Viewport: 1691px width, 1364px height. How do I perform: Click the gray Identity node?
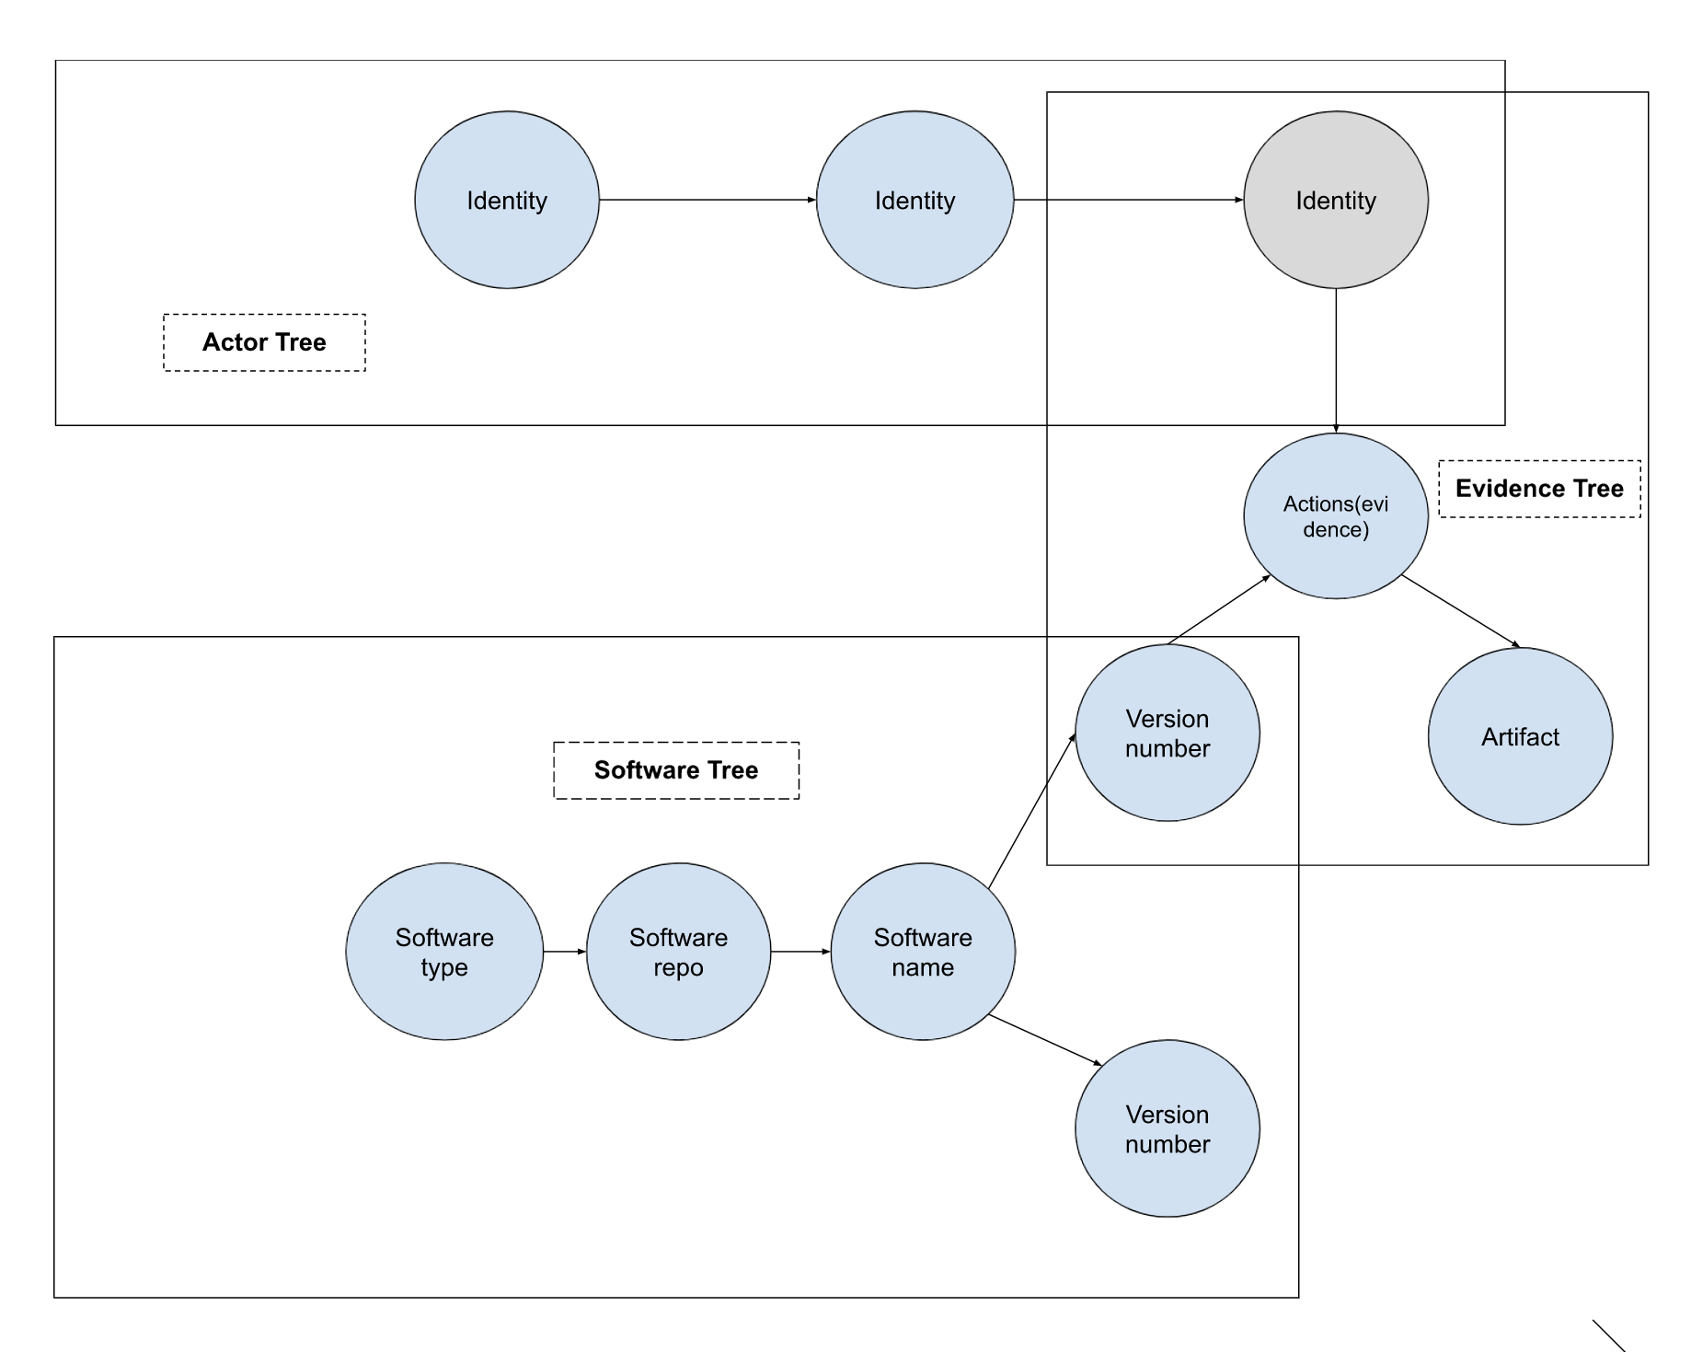point(1335,200)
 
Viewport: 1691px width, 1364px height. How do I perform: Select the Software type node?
point(444,952)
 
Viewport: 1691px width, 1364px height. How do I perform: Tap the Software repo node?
point(678,952)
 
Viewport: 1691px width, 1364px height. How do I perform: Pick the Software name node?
point(923,952)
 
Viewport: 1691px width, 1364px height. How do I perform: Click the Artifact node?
point(1520,736)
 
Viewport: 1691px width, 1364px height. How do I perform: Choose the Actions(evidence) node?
point(1335,516)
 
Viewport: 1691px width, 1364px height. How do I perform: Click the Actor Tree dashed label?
point(264,342)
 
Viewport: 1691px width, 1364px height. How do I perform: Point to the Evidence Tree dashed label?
point(1539,489)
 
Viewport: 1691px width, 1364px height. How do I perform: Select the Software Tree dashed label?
point(676,770)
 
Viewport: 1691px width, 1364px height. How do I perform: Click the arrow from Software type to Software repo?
point(564,952)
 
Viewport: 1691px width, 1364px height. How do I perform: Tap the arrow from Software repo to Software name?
point(800,952)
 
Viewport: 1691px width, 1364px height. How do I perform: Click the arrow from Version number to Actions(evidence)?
point(1219,610)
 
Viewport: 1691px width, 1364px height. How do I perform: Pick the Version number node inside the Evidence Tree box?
point(1167,733)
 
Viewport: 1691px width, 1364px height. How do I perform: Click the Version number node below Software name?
point(1167,1128)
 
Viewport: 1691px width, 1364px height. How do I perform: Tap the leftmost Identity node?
point(507,200)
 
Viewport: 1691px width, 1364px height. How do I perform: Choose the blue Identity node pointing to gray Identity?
point(915,200)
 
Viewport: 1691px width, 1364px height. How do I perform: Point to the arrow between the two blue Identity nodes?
point(707,200)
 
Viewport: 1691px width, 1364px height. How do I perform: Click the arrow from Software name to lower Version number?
point(1044,1040)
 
